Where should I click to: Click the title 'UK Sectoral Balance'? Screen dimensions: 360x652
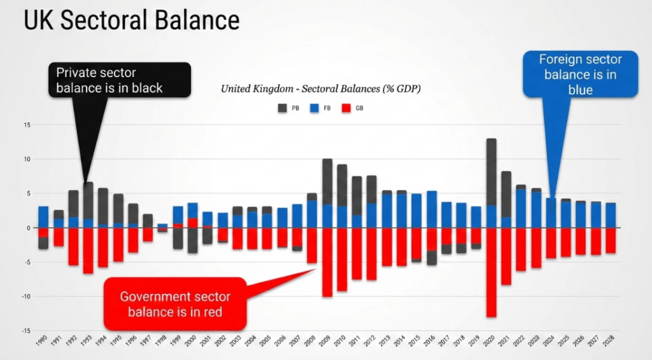point(132,20)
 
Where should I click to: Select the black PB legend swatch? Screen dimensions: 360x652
point(282,108)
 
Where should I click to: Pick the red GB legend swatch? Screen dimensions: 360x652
point(346,108)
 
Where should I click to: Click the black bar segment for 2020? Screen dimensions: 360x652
point(491,172)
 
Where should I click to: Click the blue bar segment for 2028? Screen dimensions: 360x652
point(610,215)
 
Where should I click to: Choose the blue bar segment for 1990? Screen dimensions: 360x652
point(43,217)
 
